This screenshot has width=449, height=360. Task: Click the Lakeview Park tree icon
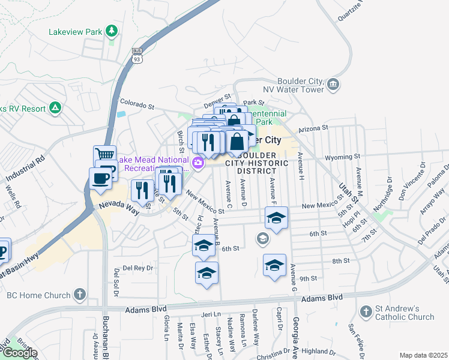[x=111, y=31]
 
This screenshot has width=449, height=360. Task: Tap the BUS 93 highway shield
[x=137, y=58]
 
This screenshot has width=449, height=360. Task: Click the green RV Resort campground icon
[x=55, y=108]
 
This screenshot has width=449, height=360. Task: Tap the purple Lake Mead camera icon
[x=197, y=163]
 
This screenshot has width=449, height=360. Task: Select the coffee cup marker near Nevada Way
[x=100, y=178]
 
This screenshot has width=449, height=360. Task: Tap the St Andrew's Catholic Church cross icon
[x=366, y=311]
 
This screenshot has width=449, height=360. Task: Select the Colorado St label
[x=138, y=104]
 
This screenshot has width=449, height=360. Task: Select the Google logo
[x=19, y=353]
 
